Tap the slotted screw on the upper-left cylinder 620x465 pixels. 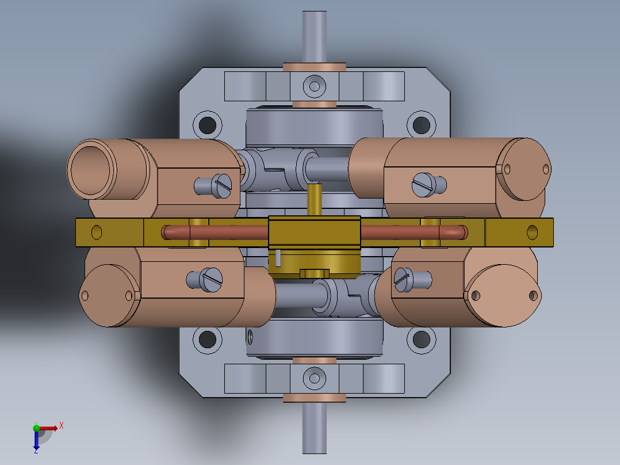(x=221, y=185)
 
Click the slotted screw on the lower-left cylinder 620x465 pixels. (x=212, y=280)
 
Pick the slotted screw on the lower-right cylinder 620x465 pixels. (x=404, y=279)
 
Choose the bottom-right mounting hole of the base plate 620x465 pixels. (x=422, y=340)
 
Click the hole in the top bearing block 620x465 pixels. (x=314, y=86)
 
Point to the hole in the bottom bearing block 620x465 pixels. (x=314, y=378)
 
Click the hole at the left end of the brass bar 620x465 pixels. (x=97, y=232)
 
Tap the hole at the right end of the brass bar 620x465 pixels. (x=533, y=232)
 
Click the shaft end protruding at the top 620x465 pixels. (x=314, y=35)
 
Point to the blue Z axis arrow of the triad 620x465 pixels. (x=36, y=441)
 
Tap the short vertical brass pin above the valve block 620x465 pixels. (x=314, y=200)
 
